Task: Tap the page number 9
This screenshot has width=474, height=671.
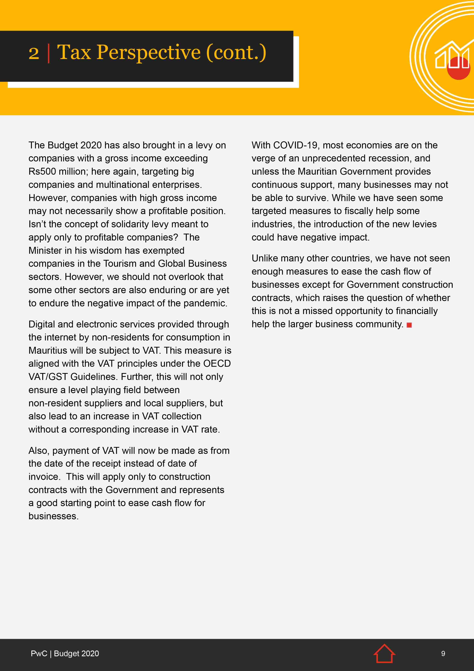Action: click(443, 653)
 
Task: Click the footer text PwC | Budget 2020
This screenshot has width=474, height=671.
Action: click(65, 653)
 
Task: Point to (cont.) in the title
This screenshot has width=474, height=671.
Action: click(236, 53)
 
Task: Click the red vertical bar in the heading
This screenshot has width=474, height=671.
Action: click(48, 53)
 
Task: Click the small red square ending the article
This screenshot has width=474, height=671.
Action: click(409, 325)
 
